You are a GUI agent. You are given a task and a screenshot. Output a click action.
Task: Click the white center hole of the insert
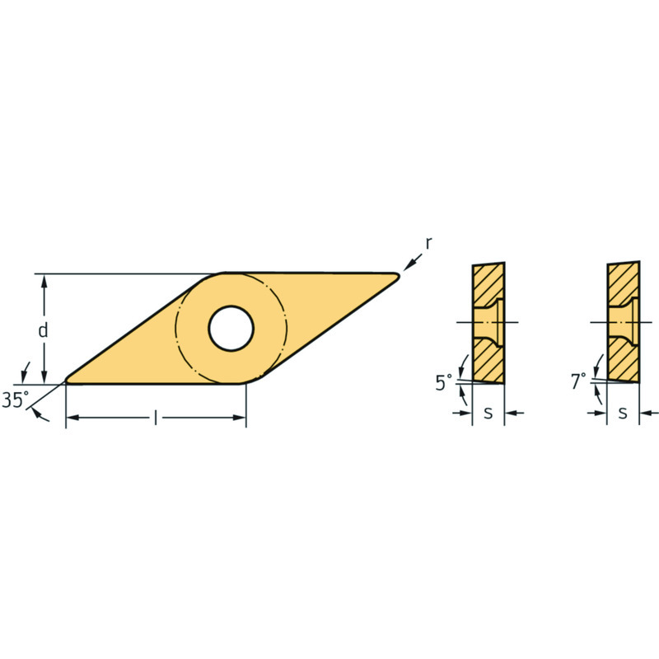click(x=231, y=328)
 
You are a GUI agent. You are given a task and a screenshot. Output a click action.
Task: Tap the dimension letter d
click(x=43, y=330)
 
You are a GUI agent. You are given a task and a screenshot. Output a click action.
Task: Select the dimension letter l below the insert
click(x=156, y=418)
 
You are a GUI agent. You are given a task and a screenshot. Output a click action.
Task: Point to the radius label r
click(x=428, y=244)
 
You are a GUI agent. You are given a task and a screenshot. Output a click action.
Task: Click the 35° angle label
click(x=16, y=400)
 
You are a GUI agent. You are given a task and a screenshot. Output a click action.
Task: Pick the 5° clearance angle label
click(x=443, y=382)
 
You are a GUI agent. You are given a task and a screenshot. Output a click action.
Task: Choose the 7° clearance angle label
click(x=578, y=381)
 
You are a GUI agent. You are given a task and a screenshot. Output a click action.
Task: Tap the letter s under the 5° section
click(x=488, y=414)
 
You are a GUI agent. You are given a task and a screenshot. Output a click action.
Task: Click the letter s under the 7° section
click(x=623, y=414)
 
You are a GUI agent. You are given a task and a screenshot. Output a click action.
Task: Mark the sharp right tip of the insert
click(x=399, y=275)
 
